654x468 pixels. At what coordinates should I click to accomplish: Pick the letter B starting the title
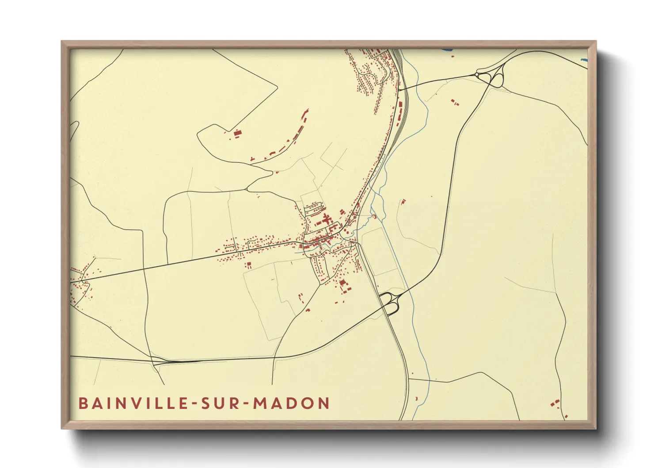[83, 403]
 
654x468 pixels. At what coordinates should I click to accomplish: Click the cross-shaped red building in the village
[327, 219]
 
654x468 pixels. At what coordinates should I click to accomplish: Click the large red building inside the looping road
[237, 133]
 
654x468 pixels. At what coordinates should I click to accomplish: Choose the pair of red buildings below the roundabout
[454, 103]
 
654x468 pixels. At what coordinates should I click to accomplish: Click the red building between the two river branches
[375, 216]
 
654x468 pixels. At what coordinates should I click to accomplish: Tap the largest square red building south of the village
[342, 283]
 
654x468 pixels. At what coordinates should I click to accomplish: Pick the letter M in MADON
[260, 403]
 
